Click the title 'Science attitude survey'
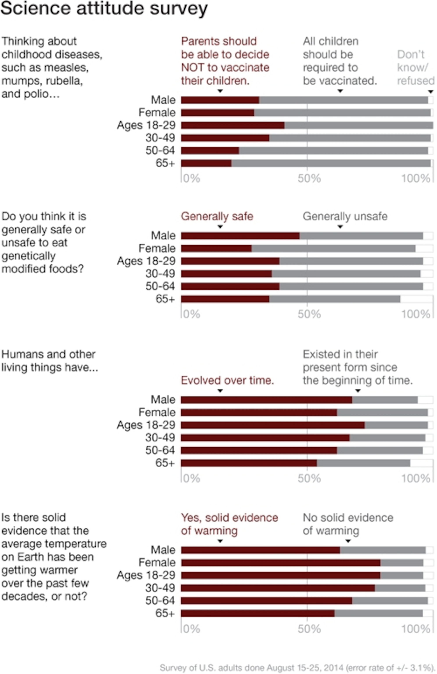[x=104, y=9]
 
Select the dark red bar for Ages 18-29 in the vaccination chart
[x=233, y=125]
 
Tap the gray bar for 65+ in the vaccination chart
[x=331, y=163]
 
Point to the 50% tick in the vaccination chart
[x=309, y=178]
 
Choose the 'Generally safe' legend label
[x=217, y=216]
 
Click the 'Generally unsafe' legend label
[x=345, y=216]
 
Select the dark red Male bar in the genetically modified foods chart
[x=240, y=236]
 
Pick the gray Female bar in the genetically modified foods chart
[x=333, y=248]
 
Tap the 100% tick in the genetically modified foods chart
[x=416, y=314]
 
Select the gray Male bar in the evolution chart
[x=385, y=400]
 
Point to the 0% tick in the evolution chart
[x=192, y=478]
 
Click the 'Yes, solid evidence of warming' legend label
[x=229, y=524]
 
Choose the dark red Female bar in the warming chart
[x=280, y=563]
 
